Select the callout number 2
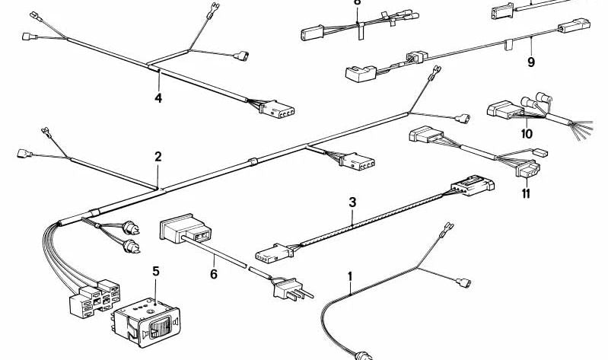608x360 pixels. pyautogui.click(x=158, y=158)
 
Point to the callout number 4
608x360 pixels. pyautogui.click(x=158, y=97)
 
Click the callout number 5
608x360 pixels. pyautogui.click(x=156, y=270)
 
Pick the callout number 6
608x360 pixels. pyautogui.click(x=214, y=273)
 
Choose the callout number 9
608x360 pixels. pyautogui.click(x=531, y=62)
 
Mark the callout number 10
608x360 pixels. pyautogui.click(x=527, y=134)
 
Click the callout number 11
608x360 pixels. pyautogui.click(x=526, y=193)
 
